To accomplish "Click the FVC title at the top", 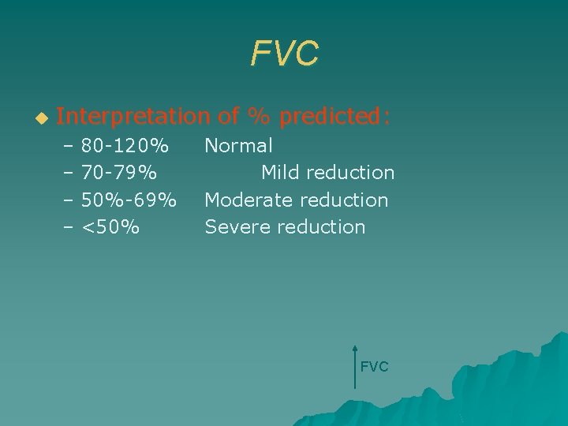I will click(x=285, y=54).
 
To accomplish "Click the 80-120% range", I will click(x=125, y=146).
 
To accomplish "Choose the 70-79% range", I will click(x=118, y=172).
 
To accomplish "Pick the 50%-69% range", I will click(x=129, y=200).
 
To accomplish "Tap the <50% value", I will click(x=110, y=227).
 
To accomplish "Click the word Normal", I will click(x=239, y=146).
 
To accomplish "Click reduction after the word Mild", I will click(x=350, y=172).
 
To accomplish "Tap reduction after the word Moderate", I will click(x=343, y=200).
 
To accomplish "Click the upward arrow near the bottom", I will click(x=355, y=366).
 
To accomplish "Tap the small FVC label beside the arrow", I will click(x=374, y=367).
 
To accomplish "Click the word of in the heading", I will click(x=228, y=118).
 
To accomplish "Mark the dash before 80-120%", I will click(x=68, y=146).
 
